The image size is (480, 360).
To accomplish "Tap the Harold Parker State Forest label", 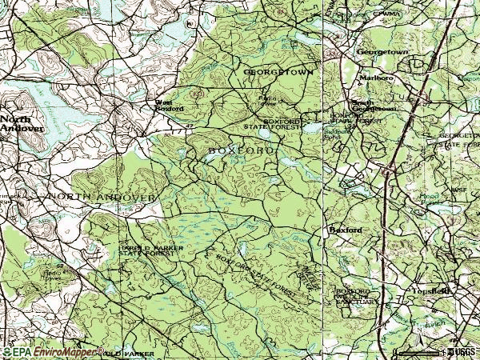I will coord(145,252).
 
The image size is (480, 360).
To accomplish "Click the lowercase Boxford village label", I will coord(346,230).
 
